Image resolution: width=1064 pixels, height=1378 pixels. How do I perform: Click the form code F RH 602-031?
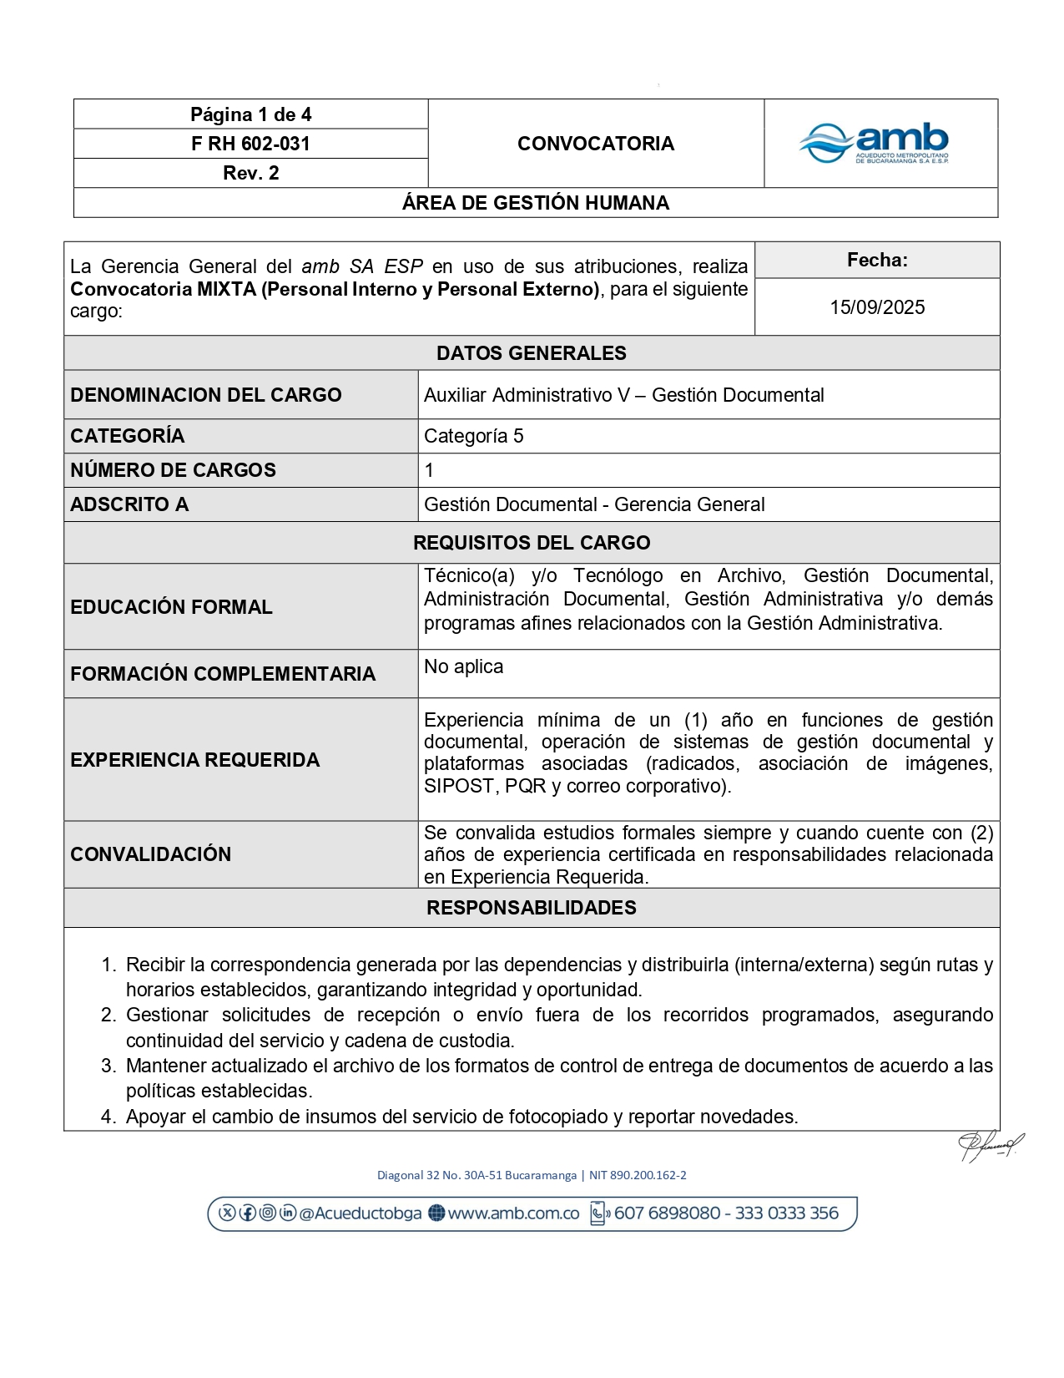pos(250,144)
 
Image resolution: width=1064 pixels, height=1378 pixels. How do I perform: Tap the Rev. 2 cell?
pos(250,173)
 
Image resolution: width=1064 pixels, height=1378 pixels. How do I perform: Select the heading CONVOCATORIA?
pos(595,144)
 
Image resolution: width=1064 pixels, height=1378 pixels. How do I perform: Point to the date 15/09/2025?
pos(876,307)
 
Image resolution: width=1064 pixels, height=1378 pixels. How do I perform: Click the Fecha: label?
pos(876,260)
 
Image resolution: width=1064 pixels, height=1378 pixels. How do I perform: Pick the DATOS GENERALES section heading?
pos(531,353)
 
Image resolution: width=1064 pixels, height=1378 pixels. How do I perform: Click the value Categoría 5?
pos(473,436)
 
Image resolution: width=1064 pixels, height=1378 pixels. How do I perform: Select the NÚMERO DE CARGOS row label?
pos(173,470)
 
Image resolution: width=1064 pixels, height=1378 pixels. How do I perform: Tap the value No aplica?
pos(463,666)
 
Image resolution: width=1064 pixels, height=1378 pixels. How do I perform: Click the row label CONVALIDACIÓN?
pos(150,854)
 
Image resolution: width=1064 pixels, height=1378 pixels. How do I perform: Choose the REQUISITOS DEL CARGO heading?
pos(531,543)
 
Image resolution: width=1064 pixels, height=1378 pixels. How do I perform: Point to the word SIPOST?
pos(459,786)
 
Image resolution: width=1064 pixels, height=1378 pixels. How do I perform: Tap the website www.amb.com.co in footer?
pos(512,1213)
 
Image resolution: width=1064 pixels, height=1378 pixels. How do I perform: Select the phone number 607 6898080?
pos(667,1213)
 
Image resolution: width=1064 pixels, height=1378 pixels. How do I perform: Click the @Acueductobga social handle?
pos(360,1213)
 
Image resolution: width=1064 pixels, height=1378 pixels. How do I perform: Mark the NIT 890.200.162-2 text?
pos(638,1175)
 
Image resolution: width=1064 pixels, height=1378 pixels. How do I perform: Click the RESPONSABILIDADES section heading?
pos(531,908)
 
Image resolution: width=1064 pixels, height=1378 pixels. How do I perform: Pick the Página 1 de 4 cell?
pos(250,114)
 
